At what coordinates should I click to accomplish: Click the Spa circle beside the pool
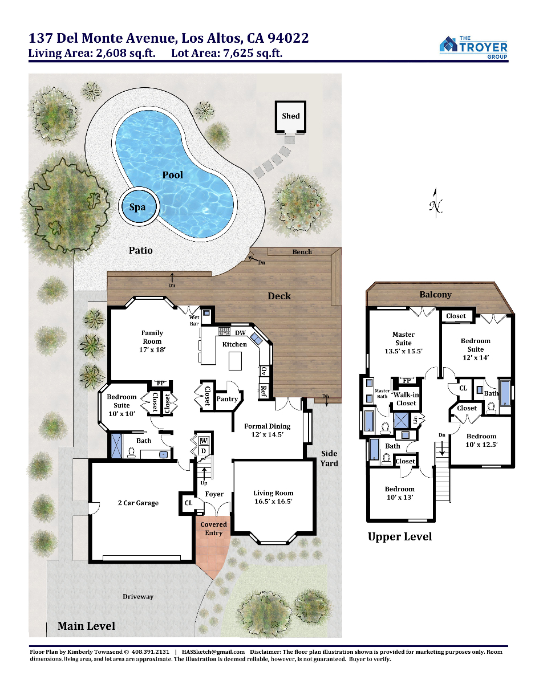pos(139,206)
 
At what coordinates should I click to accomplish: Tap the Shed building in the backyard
pos(290,117)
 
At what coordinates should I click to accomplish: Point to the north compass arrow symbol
pos(436,203)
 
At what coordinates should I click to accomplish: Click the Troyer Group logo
pos(473,47)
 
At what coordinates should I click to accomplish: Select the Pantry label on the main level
pos(227,399)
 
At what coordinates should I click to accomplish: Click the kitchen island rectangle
pos(235,361)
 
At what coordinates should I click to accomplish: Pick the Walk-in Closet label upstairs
pos(406,399)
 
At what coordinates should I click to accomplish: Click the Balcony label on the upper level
pos(435,294)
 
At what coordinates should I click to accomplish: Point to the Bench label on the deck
pos(302,252)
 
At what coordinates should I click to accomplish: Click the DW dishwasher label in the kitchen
pos(240,333)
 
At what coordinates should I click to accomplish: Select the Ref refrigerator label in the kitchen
pos(264,392)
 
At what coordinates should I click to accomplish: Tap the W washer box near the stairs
pos(204,441)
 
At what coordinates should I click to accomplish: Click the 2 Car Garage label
pos(138,503)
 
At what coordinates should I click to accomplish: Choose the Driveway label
pos(138,596)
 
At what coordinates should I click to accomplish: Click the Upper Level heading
pos(400,536)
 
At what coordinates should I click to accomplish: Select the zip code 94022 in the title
pos(288,38)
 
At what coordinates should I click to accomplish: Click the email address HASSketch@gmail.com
pos(213,652)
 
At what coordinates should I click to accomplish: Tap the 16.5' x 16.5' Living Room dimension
pos(273,502)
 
